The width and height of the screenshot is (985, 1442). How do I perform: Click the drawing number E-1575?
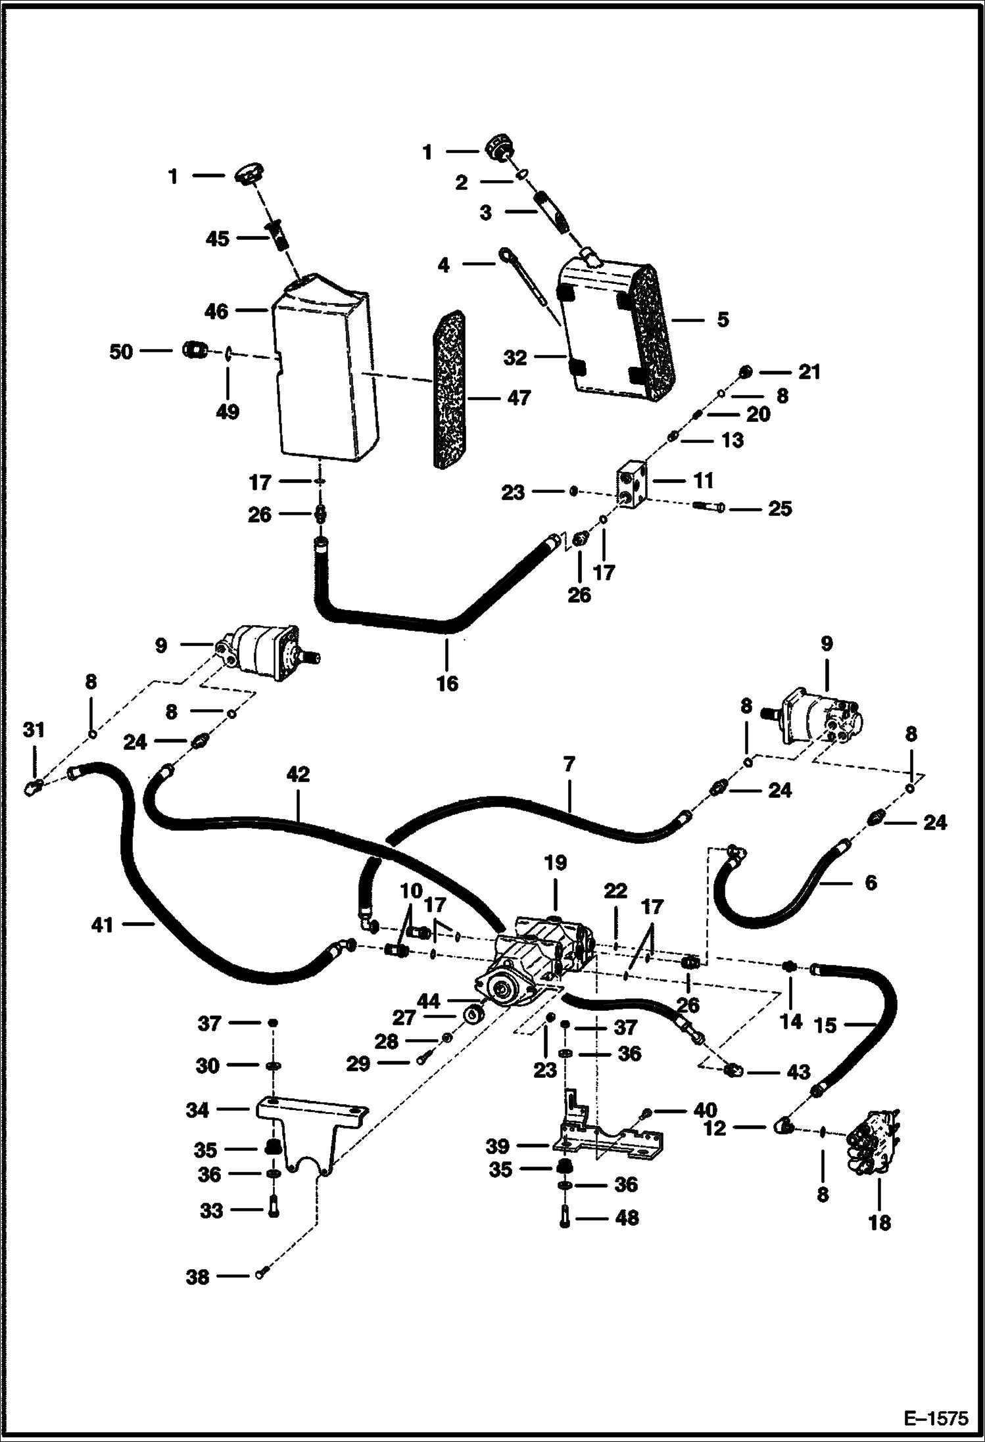point(936,1418)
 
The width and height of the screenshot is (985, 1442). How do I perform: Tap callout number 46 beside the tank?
point(216,312)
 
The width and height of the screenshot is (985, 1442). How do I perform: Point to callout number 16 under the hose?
point(446,684)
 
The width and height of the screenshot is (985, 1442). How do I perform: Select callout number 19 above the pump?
point(556,863)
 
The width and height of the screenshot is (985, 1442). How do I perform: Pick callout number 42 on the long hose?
point(298,774)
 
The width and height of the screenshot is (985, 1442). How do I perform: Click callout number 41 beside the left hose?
point(103,925)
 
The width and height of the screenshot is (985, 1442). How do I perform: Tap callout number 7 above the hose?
point(569,764)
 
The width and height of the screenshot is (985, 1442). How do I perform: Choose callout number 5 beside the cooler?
point(723,319)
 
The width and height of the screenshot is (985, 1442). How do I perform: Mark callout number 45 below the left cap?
point(217,239)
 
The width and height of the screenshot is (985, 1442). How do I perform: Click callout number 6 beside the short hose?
point(871,883)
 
